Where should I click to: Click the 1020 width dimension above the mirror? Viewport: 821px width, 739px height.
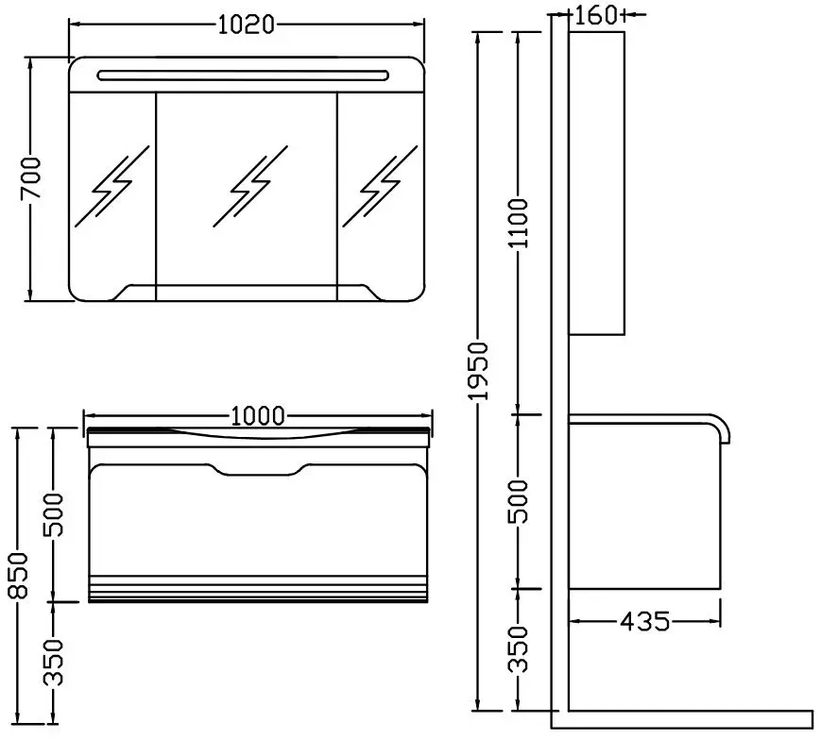(246, 24)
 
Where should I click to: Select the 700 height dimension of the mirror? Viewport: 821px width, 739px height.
(30, 177)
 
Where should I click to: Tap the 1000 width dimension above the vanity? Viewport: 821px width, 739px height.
(258, 416)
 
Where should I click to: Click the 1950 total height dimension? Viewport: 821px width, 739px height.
(479, 371)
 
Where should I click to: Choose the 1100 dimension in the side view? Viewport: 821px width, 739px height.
(520, 223)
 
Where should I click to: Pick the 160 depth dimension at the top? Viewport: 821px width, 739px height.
(597, 15)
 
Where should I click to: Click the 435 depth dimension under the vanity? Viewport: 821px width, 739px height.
(644, 621)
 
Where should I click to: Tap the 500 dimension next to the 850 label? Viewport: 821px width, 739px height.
(53, 514)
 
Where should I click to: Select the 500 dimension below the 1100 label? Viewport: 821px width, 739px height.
(520, 501)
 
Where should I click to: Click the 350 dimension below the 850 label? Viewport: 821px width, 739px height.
(53, 663)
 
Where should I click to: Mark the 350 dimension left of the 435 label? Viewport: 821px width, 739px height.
(520, 649)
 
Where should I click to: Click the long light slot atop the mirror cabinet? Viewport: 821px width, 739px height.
(243, 76)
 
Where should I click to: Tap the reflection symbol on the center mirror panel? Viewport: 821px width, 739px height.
(250, 186)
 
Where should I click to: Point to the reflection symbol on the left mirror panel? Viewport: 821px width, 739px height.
(112, 186)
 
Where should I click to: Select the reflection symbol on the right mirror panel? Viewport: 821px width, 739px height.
(380, 186)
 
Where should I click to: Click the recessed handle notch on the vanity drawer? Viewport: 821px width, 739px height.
(258, 470)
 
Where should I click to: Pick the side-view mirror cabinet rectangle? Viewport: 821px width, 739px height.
(596, 183)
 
